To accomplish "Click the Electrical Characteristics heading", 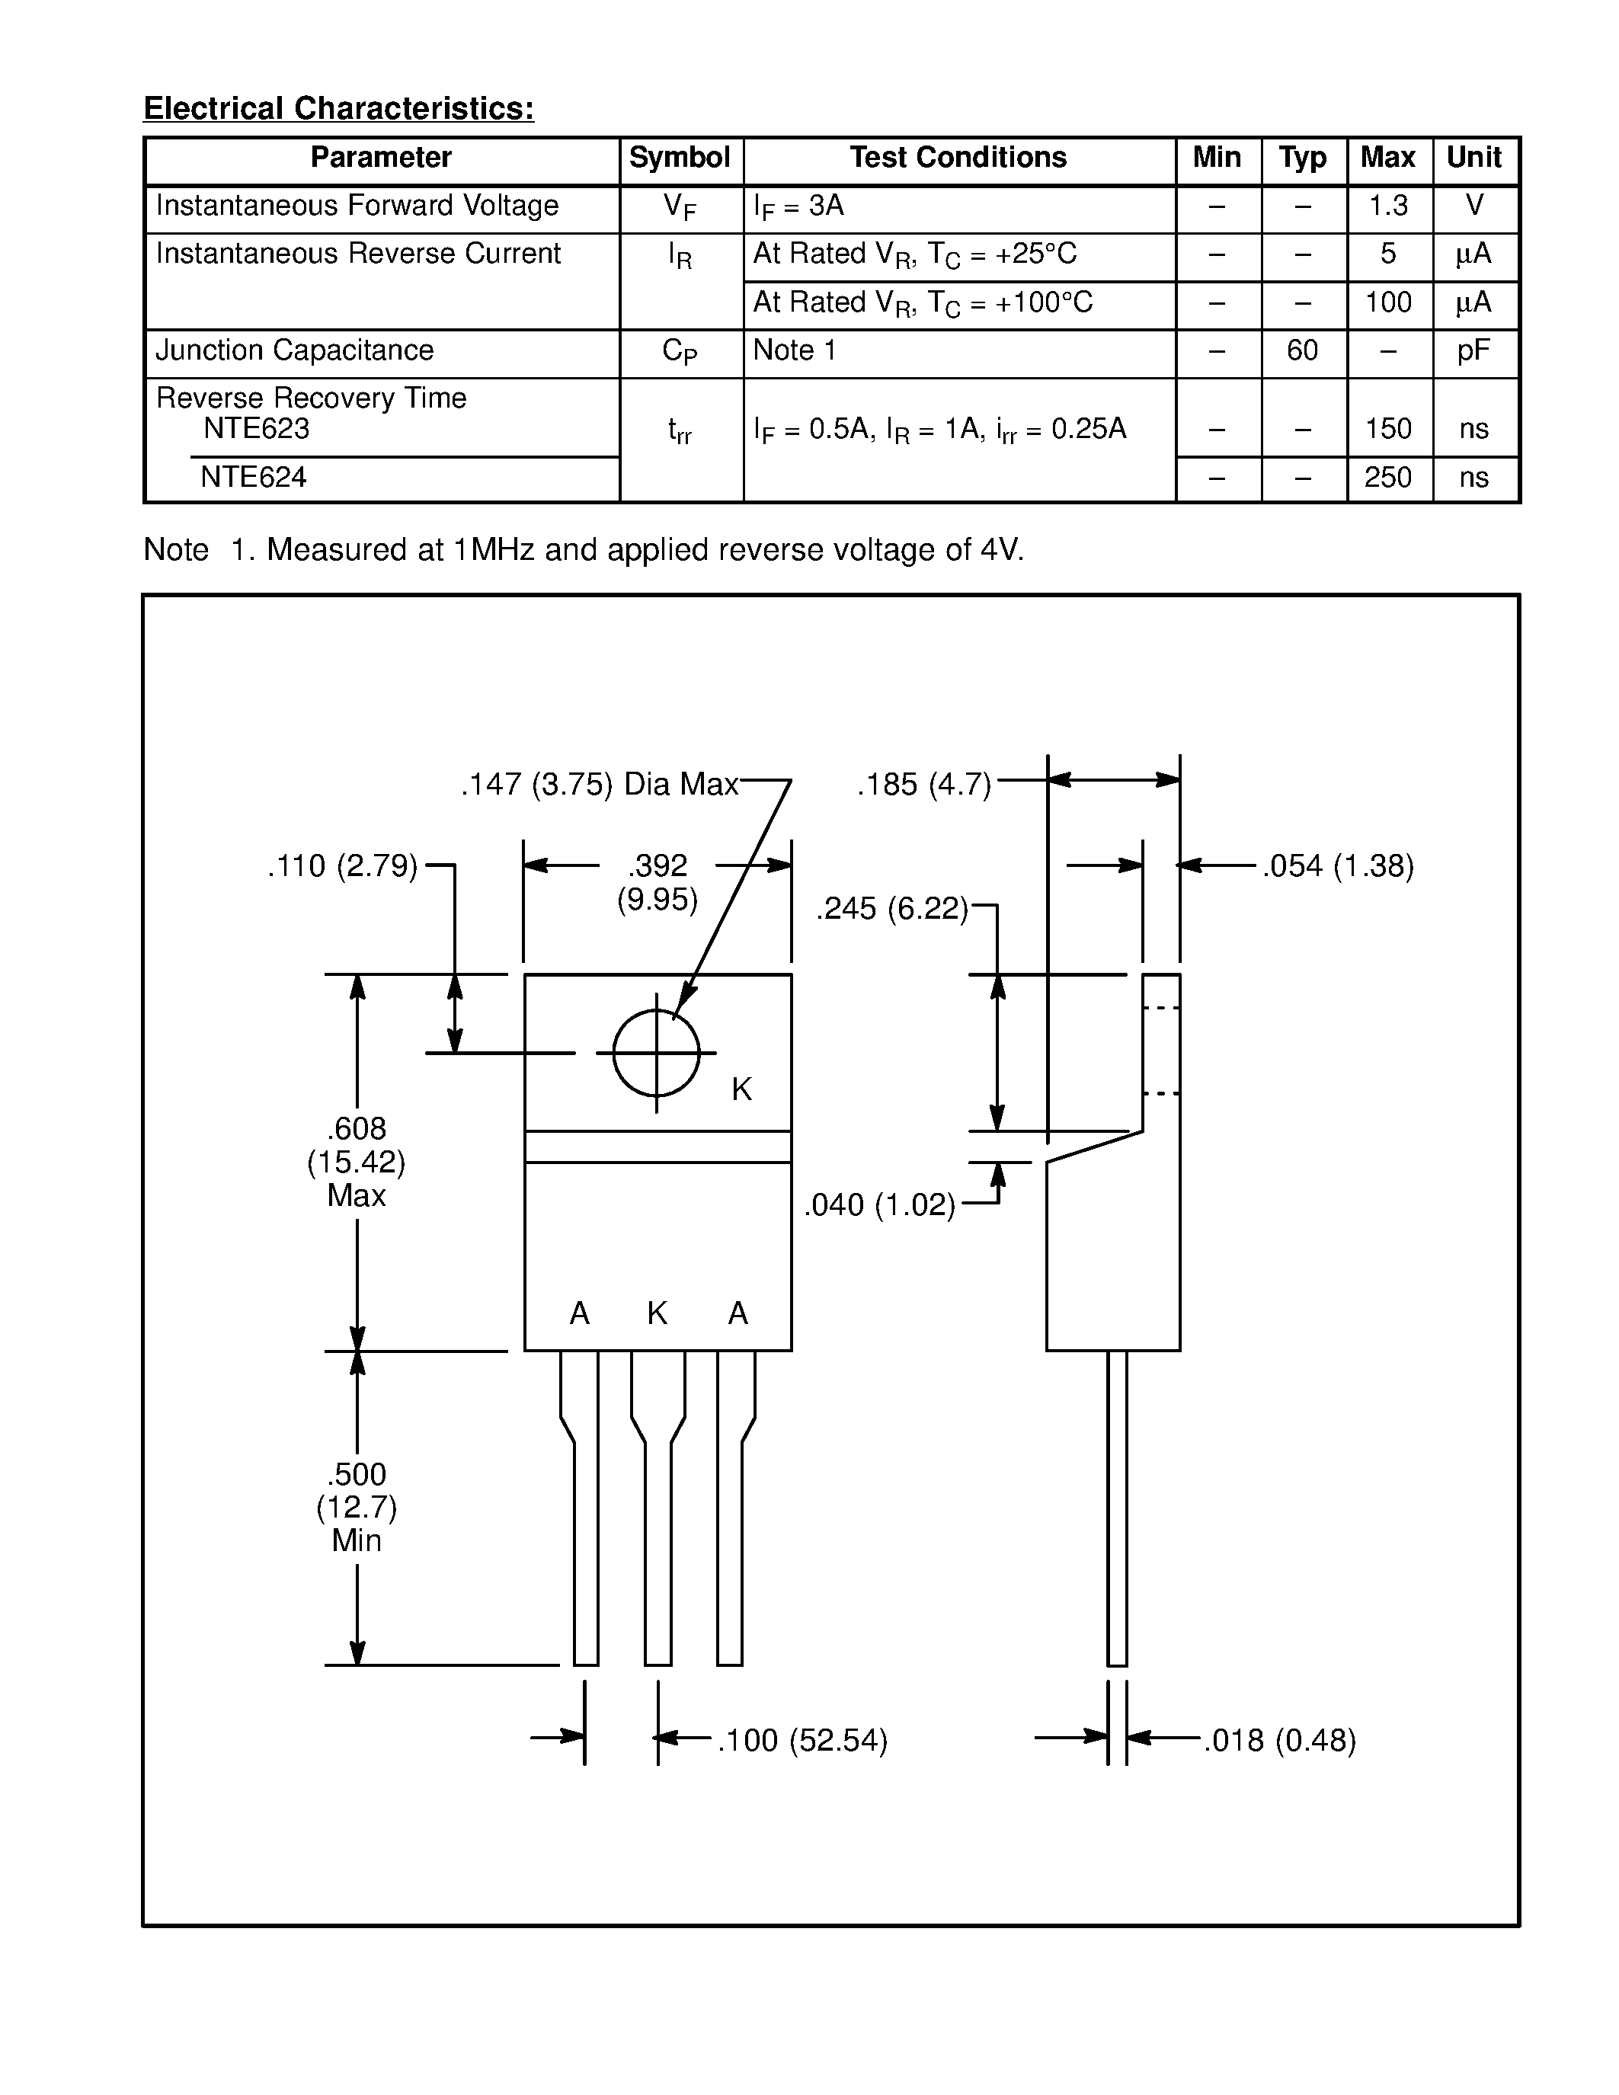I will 338,108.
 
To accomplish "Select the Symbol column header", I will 679,158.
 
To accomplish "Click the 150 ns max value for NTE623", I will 1388,429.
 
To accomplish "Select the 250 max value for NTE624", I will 1388,478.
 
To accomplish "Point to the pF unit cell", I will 1474,351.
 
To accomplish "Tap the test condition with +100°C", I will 923,303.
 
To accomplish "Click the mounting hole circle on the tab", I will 656,1054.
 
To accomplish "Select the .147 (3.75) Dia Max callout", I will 600,785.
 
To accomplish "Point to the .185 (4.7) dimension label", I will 923,785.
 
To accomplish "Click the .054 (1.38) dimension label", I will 1338,866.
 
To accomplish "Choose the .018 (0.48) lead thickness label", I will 1279,1740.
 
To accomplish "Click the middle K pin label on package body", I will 657,1313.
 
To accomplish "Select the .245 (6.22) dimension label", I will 892,908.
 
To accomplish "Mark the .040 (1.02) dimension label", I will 879,1205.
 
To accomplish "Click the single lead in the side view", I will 1116,1506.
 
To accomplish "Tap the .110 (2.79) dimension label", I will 342,866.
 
